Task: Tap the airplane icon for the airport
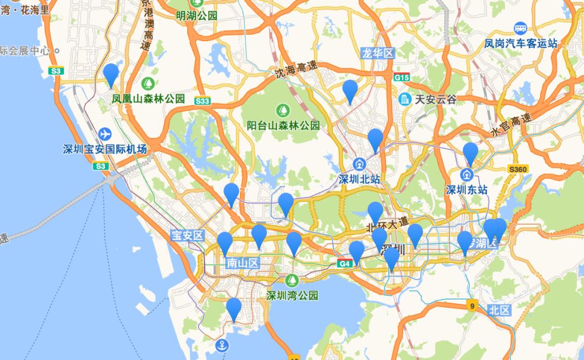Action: (x=105, y=134)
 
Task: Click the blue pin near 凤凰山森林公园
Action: (x=111, y=75)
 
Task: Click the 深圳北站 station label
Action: (x=359, y=179)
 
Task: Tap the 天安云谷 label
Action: (x=435, y=99)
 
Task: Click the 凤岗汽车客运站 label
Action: (x=520, y=43)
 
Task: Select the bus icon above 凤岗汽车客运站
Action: (x=520, y=28)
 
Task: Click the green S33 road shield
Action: (x=202, y=101)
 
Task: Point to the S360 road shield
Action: (x=517, y=170)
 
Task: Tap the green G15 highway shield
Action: (x=401, y=78)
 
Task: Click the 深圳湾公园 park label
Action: (x=292, y=295)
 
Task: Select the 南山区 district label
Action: (x=243, y=263)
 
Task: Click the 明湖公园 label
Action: (x=197, y=15)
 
